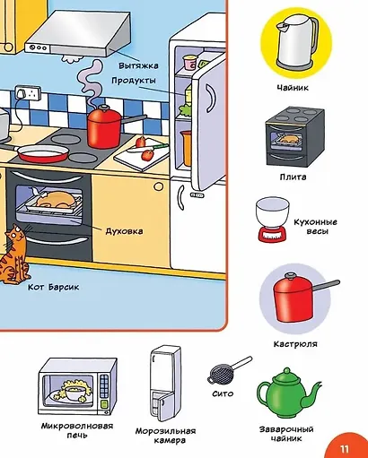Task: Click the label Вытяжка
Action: pos(138,65)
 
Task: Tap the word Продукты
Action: pos(134,81)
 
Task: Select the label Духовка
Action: pos(124,231)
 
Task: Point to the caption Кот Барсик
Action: pos(54,287)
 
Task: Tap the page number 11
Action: pos(345,449)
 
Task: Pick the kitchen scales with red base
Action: pos(273,219)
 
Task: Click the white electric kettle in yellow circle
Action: pos(296,41)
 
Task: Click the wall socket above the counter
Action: pos(28,93)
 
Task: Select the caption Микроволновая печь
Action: pos(77,430)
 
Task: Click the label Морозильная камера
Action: pos(166,436)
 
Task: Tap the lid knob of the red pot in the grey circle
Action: pos(290,275)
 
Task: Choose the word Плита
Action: pos(293,177)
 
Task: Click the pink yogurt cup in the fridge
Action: pos(189,63)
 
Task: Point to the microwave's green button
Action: pos(104,403)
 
